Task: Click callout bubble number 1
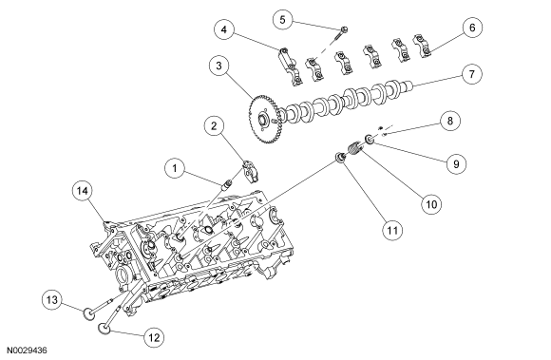point(174,168)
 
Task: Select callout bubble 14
point(84,191)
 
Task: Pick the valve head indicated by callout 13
point(87,310)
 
